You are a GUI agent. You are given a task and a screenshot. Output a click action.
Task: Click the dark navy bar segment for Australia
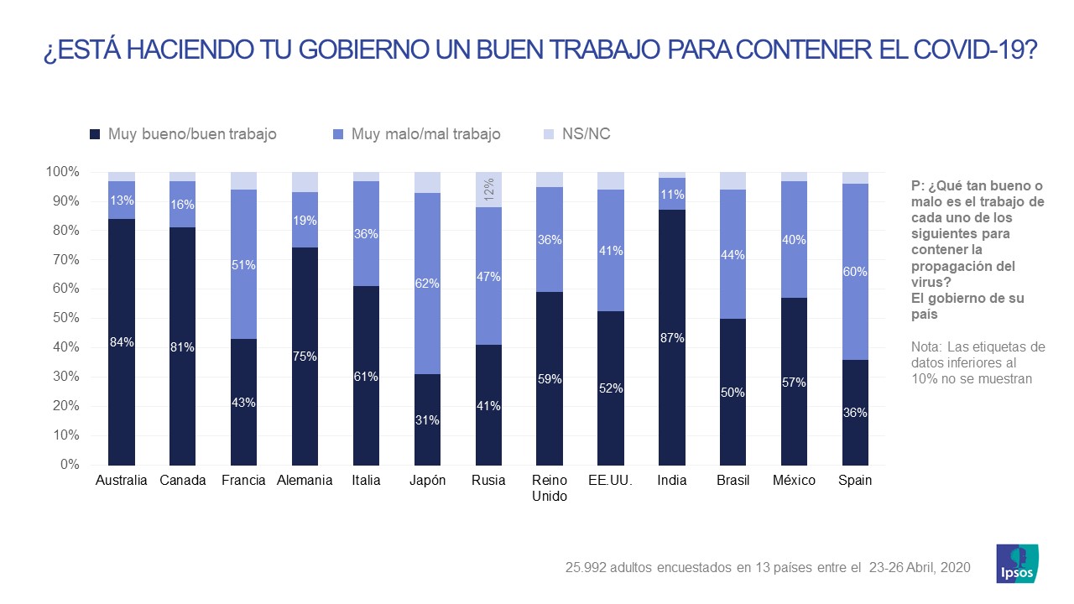pyautogui.click(x=122, y=342)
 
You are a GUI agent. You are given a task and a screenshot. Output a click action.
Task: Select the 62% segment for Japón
pyautogui.click(x=427, y=284)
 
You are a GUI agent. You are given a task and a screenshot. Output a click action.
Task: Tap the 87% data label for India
pyautogui.click(x=672, y=338)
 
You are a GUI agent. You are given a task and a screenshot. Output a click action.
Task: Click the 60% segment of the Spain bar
pyautogui.click(x=856, y=272)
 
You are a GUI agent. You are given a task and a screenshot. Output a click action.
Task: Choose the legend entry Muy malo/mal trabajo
pyautogui.click(x=425, y=134)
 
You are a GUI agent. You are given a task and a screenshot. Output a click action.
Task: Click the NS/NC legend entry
pyautogui.click(x=586, y=134)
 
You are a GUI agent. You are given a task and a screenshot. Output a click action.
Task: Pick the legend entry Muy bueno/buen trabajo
pyautogui.click(x=192, y=134)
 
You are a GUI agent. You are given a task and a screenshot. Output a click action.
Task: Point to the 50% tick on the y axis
pyautogui.click(x=65, y=318)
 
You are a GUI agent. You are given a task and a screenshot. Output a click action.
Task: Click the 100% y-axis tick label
pyautogui.click(x=62, y=172)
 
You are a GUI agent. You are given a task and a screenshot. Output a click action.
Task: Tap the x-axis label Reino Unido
pyautogui.click(x=550, y=488)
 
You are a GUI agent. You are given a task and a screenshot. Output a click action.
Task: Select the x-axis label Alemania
pyautogui.click(x=305, y=481)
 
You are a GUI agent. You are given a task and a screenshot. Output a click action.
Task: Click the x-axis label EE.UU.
pyautogui.click(x=611, y=481)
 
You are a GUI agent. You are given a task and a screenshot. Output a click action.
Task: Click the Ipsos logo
pyautogui.click(x=1017, y=563)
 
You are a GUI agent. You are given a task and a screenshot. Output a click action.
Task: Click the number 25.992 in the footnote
pyautogui.click(x=587, y=568)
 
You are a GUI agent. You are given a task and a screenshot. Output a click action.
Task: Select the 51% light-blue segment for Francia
pyautogui.click(x=244, y=264)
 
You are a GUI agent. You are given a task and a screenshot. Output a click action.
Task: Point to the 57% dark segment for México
pyautogui.click(x=794, y=382)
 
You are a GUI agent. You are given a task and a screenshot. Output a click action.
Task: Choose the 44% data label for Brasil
pyautogui.click(x=733, y=254)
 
